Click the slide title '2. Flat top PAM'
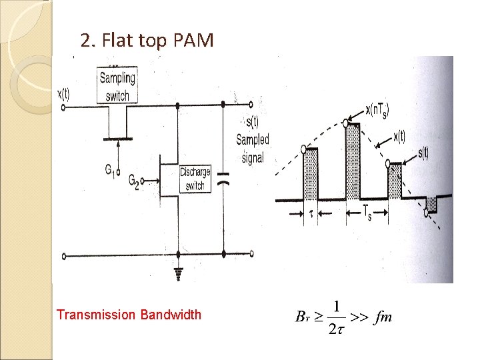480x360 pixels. pos(147,41)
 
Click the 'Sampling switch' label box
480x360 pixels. pos(117,86)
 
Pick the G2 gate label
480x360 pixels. pos(133,180)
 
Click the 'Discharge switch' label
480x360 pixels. pos(194,179)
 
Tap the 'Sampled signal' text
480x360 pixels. pos(253,140)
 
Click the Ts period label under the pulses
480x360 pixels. pos(367,213)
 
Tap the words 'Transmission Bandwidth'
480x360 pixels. pos(129,314)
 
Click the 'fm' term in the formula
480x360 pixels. pos(383,317)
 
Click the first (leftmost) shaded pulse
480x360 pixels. pos(311,175)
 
